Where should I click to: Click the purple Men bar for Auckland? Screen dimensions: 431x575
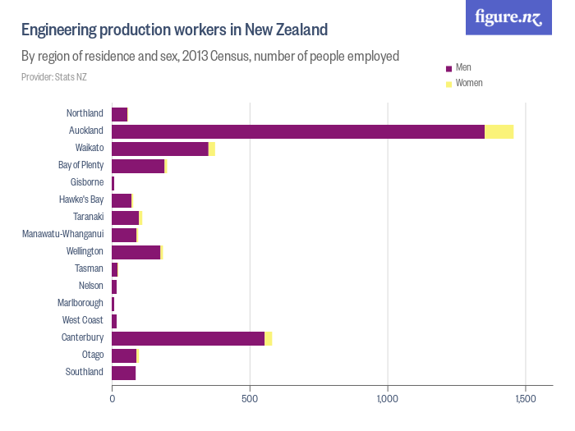[x=297, y=131]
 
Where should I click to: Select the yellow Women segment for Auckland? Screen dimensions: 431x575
[x=499, y=131]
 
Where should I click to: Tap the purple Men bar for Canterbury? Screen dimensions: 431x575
[x=188, y=338]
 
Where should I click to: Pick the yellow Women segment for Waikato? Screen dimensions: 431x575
[x=212, y=149]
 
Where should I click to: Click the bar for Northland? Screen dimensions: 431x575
[x=120, y=114]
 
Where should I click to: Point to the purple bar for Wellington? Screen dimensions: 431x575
[x=136, y=252]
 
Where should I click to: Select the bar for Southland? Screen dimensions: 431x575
[x=123, y=373]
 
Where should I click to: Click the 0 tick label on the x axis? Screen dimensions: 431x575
[x=112, y=399]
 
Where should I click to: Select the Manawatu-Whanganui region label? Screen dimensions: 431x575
[x=62, y=234]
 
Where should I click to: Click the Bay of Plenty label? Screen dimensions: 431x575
[x=80, y=165]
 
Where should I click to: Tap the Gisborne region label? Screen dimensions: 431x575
[x=87, y=182]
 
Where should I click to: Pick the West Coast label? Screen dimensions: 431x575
[x=83, y=320]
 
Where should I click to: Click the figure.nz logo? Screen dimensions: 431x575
[x=508, y=17]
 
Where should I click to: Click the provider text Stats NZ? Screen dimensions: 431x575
[x=54, y=77]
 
